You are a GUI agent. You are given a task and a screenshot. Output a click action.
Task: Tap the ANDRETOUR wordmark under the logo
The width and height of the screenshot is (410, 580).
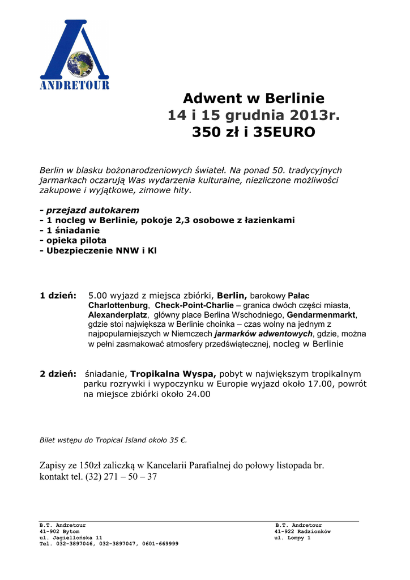(74, 86)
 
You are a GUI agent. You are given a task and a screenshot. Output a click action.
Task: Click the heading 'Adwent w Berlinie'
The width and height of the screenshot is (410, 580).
(254, 98)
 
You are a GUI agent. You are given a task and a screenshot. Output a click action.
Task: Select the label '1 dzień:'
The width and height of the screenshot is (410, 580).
(58, 296)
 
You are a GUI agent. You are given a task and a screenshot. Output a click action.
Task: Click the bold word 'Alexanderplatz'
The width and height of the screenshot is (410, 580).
(118, 314)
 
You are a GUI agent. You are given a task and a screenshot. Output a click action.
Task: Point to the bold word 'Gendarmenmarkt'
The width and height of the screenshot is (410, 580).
(321, 314)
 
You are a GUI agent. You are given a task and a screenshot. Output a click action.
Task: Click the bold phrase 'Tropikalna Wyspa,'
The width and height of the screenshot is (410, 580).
(173, 374)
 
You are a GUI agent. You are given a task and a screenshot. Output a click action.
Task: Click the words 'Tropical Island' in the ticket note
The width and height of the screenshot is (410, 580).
(119, 440)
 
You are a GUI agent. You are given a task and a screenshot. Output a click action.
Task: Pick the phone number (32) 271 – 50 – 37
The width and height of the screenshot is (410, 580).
(121, 477)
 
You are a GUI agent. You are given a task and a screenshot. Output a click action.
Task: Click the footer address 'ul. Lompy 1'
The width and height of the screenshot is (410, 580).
(292, 538)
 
